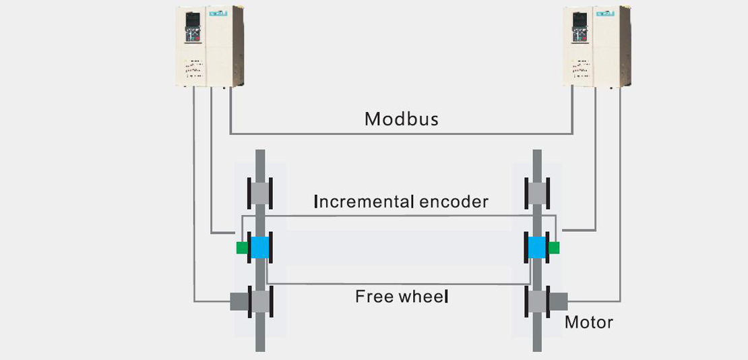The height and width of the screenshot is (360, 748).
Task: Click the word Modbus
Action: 401,119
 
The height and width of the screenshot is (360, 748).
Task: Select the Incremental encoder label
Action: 401,202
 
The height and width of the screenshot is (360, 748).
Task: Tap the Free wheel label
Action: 402,296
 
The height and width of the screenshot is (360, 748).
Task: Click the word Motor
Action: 589,322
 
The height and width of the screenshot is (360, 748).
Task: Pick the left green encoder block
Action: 242,247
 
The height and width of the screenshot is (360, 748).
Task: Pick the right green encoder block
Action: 554,247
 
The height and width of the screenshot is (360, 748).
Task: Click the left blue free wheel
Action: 260,247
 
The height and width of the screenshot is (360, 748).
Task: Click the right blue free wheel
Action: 536,247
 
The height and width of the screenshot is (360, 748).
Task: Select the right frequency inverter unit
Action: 596,46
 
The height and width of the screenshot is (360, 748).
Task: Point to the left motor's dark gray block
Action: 239,301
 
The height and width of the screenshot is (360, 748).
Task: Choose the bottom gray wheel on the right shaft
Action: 537,301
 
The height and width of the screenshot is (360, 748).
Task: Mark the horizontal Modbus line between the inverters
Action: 401,133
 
